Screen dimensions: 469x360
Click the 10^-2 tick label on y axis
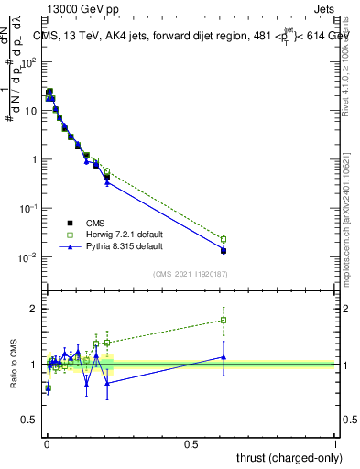pos(28,257)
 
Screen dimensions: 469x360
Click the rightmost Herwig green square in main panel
pos(224,239)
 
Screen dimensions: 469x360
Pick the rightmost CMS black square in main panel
pos(224,250)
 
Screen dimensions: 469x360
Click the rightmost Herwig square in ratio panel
pos(224,321)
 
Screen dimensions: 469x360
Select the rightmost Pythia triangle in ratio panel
pos(224,357)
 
